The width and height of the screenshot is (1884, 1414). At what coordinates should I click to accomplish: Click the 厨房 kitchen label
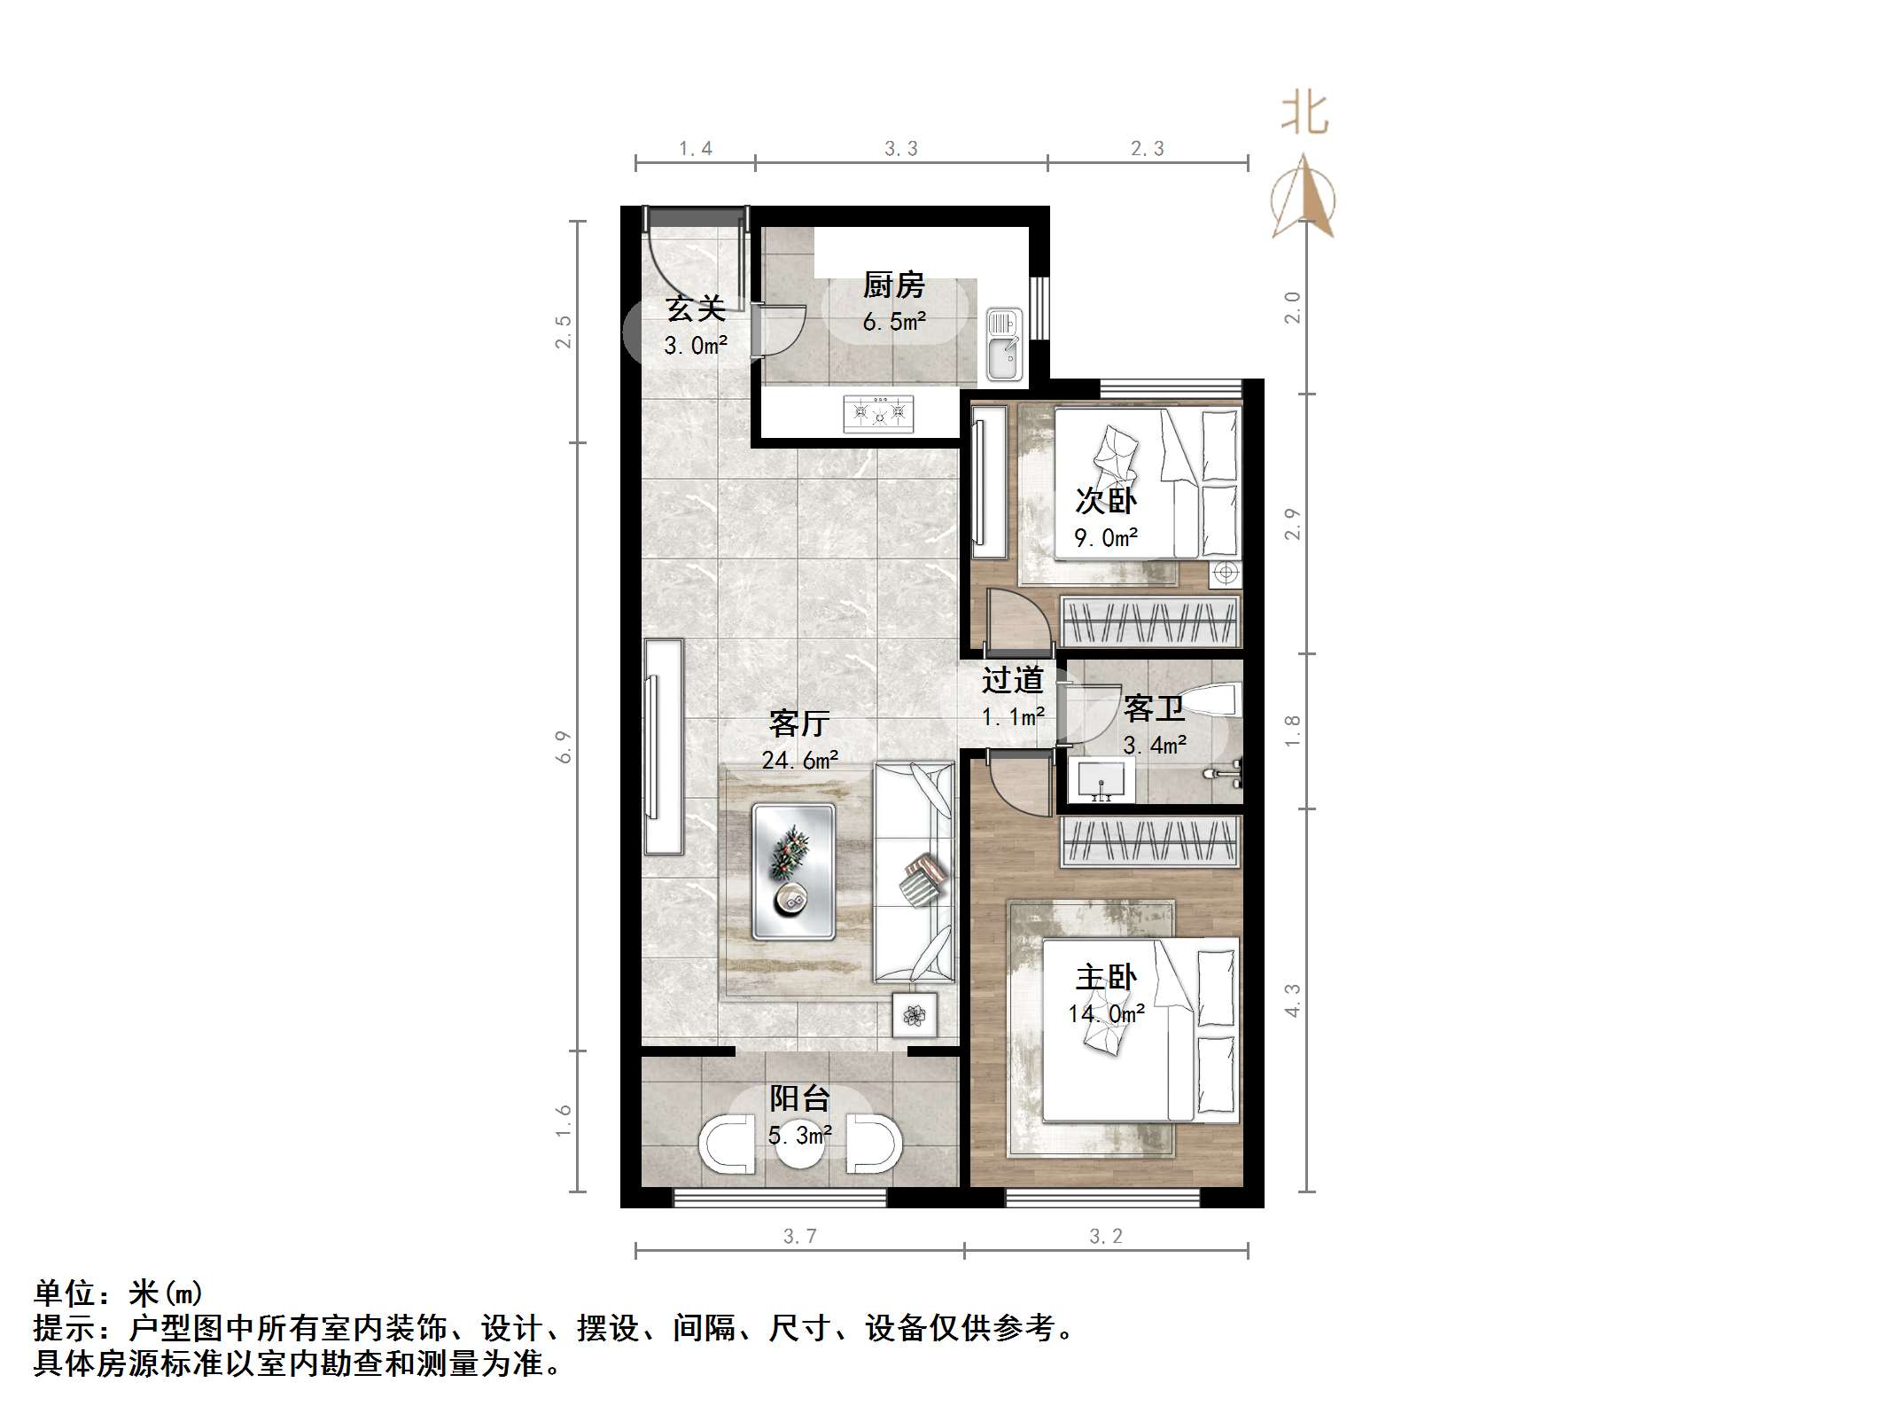pyautogui.click(x=893, y=285)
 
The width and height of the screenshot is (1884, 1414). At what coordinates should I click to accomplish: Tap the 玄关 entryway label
pyautogui.click(x=696, y=309)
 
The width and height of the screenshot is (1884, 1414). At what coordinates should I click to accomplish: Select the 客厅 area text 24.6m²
pyautogui.click(x=800, y=760)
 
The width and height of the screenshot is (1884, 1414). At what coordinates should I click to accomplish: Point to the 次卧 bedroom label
pyautogui.click(x=1105, y=501)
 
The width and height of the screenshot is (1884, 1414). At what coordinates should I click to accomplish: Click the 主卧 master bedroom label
pyautogui.click(x=1105, y=978)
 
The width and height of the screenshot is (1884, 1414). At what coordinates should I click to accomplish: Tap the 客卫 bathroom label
pyautogui.click(x=1153, y=709)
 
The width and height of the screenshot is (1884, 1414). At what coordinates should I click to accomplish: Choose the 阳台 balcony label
pyautogui.click(x=799, y=1099)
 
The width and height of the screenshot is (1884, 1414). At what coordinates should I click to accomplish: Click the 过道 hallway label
pyautogui.click(x=1012, y=681)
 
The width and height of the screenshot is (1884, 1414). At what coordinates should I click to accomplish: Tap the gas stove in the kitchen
pyautogui.click(x=878, y=412)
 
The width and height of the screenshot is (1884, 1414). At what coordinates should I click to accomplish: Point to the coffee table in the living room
pyautogui.click(x=793, y=871)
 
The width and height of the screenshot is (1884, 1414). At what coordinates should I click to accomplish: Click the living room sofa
pyautogui.click(x=915, y=872)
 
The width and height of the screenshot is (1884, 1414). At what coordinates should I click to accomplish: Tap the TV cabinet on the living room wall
pyautogui.click(x=663, y=746)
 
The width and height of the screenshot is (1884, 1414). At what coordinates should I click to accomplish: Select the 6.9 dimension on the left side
pyautogui.click(x=564, y=746)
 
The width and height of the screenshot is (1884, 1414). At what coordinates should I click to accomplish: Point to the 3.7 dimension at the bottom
pyautogui.click(x=799, y=1237)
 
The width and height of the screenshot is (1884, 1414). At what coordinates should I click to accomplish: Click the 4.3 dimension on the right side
pyautogui.click(x=1293, y=1000)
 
